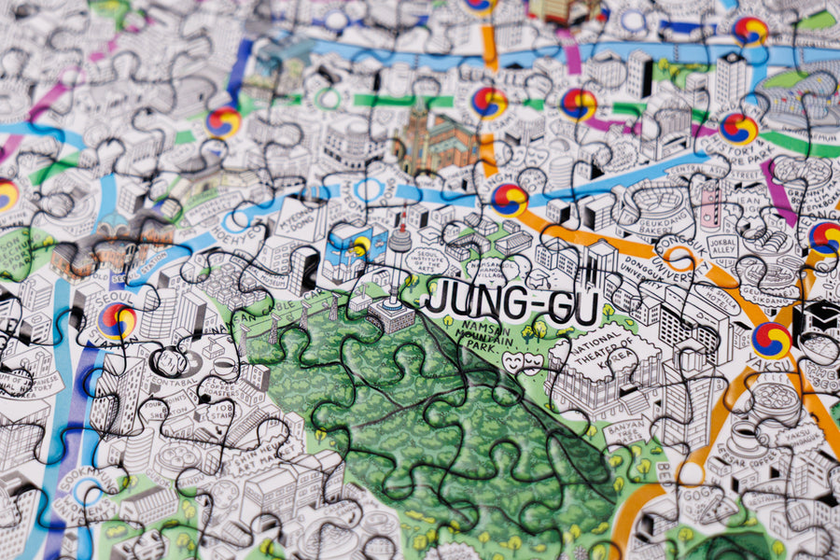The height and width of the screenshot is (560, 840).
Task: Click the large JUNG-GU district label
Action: coord(511,304)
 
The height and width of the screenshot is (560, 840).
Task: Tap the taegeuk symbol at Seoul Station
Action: coord(118,321)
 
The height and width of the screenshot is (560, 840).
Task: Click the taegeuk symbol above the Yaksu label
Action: coord(771,340)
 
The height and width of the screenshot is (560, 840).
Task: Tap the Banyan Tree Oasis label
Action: coord(626,431)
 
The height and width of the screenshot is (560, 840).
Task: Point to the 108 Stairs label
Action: coord(222,416)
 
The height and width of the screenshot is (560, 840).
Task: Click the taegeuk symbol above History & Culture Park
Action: coord(738,128)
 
